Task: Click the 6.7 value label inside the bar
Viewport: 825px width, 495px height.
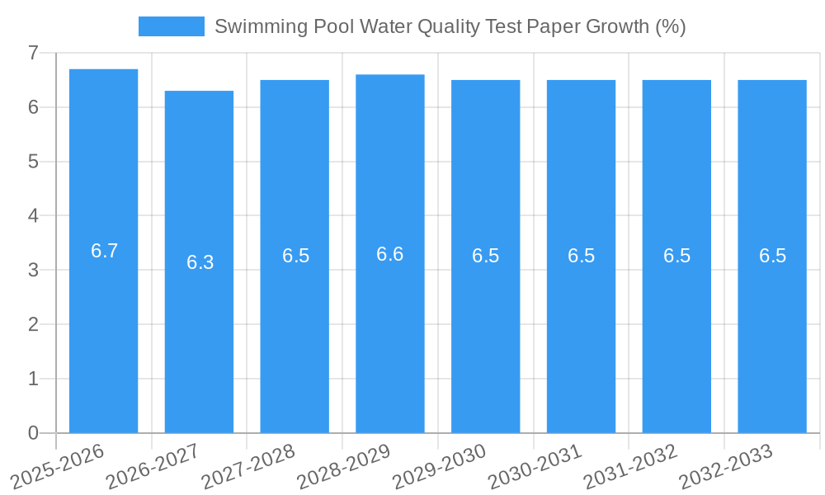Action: point(105,252)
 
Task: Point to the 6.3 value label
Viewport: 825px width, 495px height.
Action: point(200,262)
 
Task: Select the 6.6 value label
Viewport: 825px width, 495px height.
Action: point(390,254)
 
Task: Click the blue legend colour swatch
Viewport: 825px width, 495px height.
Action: point(171,26)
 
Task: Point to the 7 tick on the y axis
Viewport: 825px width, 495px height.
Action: point(33,53)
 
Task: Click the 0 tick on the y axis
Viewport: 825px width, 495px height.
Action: point(33,433)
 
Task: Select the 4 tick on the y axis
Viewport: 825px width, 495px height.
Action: point(33,216)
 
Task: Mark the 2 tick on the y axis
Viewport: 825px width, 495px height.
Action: point(33,324)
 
